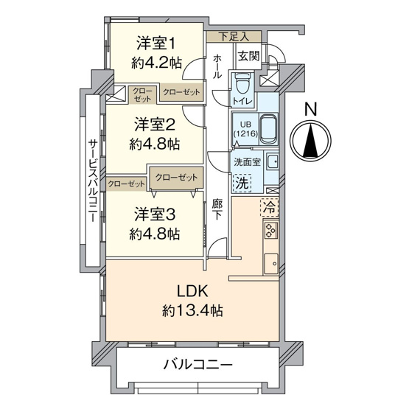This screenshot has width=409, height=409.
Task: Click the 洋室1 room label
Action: (153, 42)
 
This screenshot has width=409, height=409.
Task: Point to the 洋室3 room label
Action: (153, 215)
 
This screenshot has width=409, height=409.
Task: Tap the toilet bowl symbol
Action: (242, 80)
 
